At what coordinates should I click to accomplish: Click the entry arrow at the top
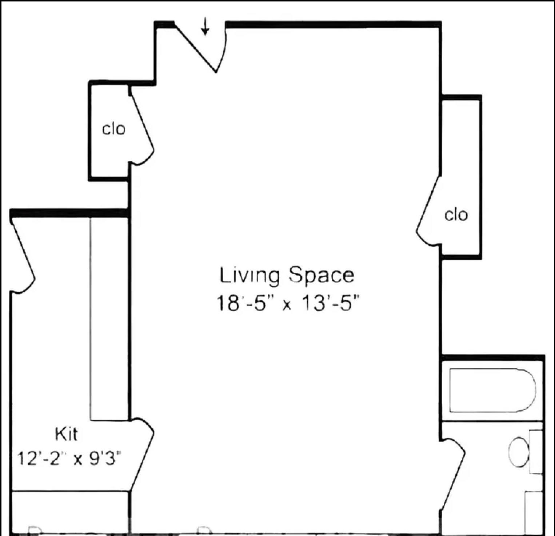[x=205, y=27]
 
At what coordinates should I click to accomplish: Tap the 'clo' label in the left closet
[x=113, y=129]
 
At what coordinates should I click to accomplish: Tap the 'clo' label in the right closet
[x=456, y=215]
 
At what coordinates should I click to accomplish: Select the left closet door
[x=141, y=127]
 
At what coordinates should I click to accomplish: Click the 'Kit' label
[x=66, y=434]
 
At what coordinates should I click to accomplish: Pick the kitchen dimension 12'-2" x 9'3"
[x=69, y=458]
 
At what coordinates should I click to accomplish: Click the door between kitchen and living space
[x=142, y=455]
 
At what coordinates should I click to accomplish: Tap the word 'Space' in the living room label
[x=322, y=275]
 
